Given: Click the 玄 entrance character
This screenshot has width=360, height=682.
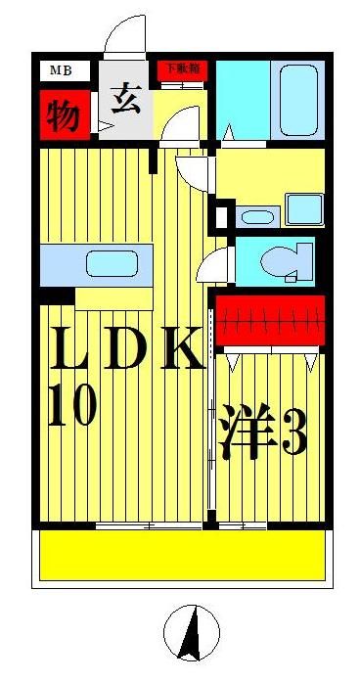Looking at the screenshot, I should pos(124,101).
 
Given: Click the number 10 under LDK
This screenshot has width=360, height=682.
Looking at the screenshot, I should pos(70,405).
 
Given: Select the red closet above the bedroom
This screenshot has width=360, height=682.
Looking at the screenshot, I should pos(269,321).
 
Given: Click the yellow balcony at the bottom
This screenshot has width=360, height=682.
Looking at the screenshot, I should pos(181,556).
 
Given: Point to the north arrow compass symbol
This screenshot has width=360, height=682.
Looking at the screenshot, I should pos(193,633).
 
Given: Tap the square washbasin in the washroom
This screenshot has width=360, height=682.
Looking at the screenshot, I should pos(304,208).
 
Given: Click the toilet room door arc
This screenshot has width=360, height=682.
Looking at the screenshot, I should pos(214,264).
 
